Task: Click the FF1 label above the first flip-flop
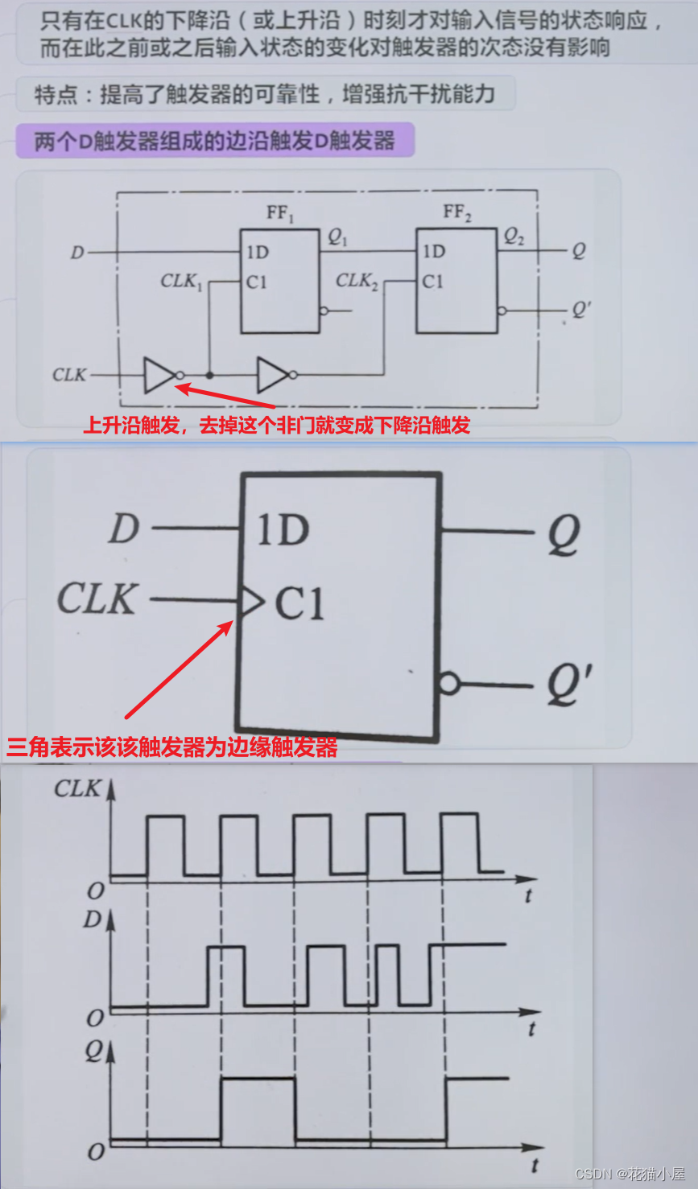click(281, 213)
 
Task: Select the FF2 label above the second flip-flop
click(457, 212)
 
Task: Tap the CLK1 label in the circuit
click(181, 281)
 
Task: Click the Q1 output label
click(337, 237)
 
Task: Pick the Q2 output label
click(514, 237)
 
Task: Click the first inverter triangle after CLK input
click(159, 375)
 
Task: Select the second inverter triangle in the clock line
click(273, 375)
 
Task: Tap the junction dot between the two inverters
click(209, 375)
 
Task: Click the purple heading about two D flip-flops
click(214, 141)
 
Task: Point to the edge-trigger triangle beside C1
click(252, 600)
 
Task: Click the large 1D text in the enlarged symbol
click(283, 530)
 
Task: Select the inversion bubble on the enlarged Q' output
click(448, 685)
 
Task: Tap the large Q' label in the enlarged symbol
click(569, 685)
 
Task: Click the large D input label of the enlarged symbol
click(124, 529)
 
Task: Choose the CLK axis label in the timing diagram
click(77, 788)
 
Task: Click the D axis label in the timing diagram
click(93, 919)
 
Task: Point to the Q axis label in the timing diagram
click(95, 1051)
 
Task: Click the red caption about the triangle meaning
click(172, 747)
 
